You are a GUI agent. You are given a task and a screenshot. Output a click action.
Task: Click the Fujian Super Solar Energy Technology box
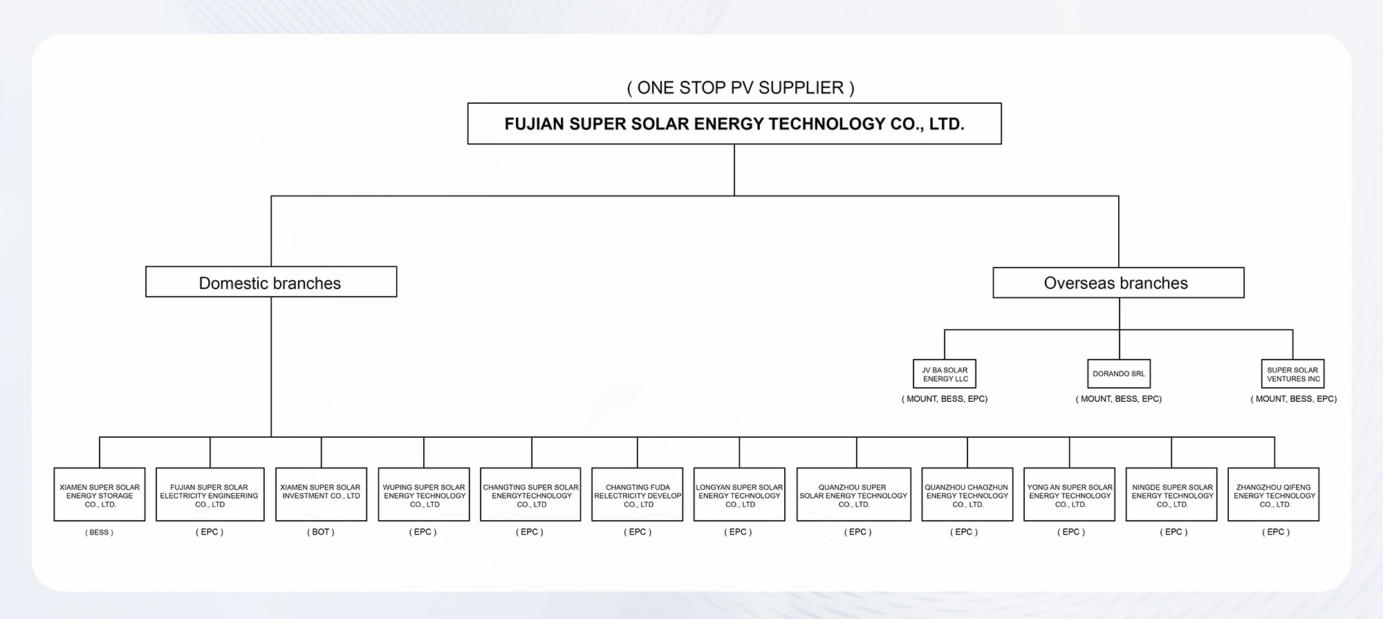[x=734, y=124]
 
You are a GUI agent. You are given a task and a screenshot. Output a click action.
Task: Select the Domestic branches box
[x=271, y=282]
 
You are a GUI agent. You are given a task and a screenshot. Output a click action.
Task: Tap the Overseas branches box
[x=1118, y=283]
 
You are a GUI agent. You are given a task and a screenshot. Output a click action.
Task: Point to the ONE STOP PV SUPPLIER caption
[x=741, y=88]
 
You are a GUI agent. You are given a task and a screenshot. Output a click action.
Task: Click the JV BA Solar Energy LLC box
[x=945, y=374]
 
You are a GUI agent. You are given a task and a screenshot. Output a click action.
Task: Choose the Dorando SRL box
[x=1119, y=374]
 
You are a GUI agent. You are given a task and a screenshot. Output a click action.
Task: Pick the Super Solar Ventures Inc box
[x=1292, y=374]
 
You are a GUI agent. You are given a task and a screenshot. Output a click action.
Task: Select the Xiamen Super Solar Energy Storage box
[x=100, y=495]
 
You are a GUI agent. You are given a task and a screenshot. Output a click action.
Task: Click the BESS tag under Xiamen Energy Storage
[x=100, y=533]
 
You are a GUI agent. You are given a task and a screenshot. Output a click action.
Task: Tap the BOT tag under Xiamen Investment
[x=321, y=532]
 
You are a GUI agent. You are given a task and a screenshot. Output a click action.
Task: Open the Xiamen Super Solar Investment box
[x=321, y=495]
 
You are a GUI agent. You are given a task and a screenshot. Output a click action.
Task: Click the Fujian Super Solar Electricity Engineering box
[x=210, y=495]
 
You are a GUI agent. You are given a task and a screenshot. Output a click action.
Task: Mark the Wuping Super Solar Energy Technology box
[x=424, y=495]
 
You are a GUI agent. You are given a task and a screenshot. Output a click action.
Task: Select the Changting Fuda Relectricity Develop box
[x=638, y=495]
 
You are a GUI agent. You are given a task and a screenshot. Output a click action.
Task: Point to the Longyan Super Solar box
[x=739, y=495]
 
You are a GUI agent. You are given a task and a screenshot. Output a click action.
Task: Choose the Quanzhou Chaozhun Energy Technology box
[x=967, y=495]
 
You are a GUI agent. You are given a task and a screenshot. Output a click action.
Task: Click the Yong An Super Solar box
[x=1070, y=495]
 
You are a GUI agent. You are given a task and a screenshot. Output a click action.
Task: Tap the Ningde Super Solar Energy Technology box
[x=1171, y=495]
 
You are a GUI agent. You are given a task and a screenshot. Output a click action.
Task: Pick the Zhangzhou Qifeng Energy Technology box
[x=1274, y=495]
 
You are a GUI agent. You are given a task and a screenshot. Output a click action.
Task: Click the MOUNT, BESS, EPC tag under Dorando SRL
[x=1119, y=399]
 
